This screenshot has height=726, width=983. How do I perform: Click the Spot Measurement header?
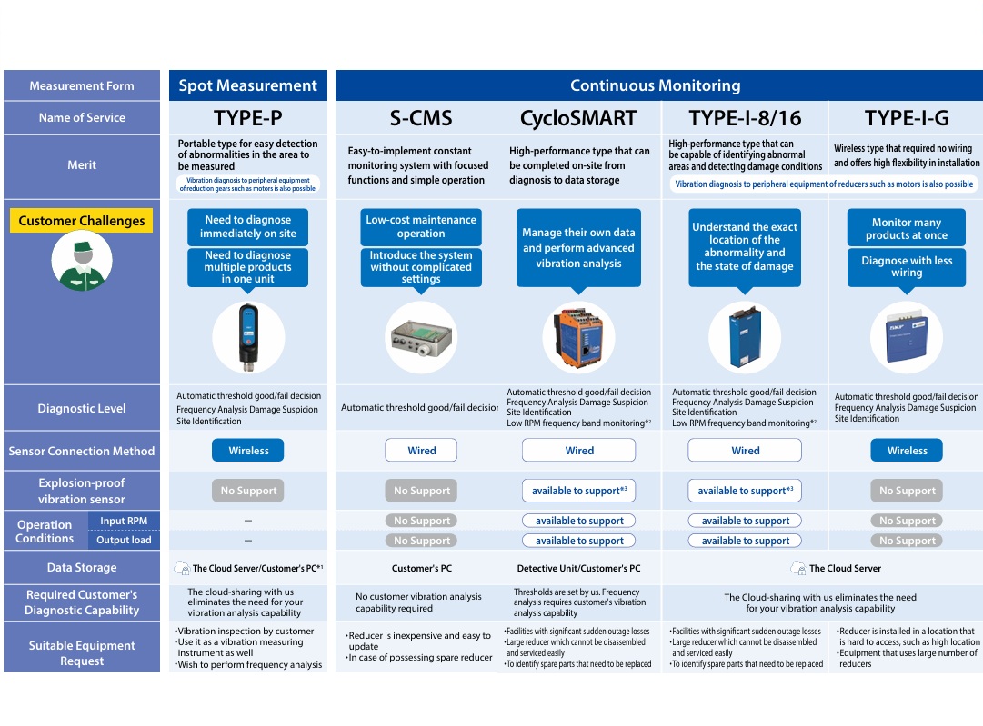pos(247,85)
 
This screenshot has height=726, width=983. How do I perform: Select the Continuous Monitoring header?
pos(655,85)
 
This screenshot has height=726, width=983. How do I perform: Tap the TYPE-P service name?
pos(247,117)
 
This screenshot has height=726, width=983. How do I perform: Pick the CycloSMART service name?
pos(578,117)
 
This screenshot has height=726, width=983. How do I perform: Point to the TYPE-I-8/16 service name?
pos(745,117)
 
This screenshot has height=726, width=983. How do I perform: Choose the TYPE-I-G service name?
pos(907,117)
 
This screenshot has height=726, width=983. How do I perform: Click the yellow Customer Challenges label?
pos(82,221)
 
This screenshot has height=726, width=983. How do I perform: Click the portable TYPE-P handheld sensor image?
pos(248,338)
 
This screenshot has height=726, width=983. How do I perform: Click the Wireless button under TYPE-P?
pos(248,451)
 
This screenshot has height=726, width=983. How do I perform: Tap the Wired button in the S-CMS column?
pos(421,451)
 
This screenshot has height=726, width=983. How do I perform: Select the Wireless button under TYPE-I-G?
pos(907,451)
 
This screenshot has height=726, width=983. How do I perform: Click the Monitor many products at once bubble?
pos(907,229)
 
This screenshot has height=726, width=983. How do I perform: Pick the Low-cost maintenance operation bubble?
pos(421,226)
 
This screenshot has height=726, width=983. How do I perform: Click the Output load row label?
pos(125,540)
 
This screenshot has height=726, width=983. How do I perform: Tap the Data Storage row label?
pos(82,568)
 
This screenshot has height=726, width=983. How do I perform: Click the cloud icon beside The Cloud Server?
pos(798,568)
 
